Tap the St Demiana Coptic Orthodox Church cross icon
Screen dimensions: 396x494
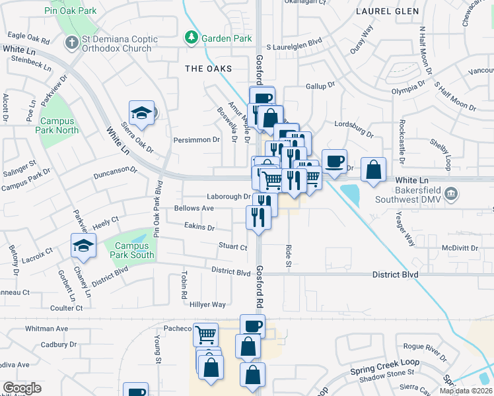(72, 43)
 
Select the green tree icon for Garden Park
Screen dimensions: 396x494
(192, 38)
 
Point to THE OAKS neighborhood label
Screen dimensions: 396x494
(208, 69)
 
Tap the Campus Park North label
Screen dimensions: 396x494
(59, 125)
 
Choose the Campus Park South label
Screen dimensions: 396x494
(130, 250)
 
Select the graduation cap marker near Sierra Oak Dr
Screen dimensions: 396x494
(141, 114)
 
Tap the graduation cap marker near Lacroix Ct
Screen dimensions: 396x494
(84, 246)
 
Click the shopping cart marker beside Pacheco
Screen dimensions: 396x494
(205, 334)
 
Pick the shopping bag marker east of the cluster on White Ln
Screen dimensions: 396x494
(373, 169)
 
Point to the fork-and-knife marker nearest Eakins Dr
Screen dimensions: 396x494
(258, 217)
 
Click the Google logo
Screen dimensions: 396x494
(22, 388)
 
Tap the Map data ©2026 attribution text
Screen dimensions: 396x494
(466, 391)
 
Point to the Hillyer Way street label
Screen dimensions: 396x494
(208, 304)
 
